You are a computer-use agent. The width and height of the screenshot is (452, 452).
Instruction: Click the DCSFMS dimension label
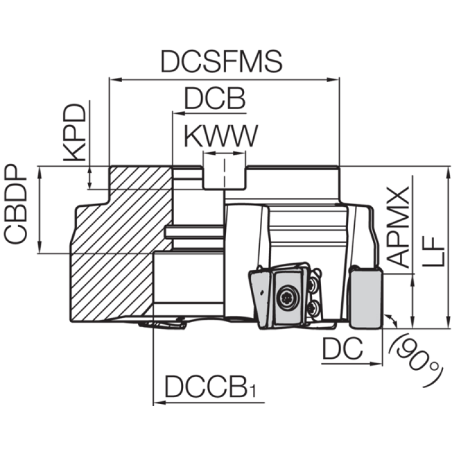[221, 62]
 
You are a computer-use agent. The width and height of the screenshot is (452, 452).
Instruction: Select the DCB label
[215, 98]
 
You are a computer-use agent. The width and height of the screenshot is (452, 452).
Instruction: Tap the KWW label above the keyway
[221, 136]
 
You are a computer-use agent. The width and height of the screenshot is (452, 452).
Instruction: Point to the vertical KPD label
[75, 132]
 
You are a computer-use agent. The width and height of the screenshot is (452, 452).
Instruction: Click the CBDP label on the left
[15, 204]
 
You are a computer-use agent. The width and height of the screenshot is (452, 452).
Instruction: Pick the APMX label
[398, 227]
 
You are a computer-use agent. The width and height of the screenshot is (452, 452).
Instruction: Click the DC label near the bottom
[342, 348]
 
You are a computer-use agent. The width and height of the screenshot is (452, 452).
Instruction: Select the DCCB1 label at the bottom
[210, 387]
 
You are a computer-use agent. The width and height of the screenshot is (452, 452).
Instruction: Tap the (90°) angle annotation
[416, 360]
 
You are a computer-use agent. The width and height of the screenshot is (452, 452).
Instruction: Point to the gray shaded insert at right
[366, 298]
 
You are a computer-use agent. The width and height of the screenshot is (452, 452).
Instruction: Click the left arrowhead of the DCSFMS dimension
[116, 80]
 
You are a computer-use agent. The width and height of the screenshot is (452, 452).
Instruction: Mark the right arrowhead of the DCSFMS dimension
[333, 80]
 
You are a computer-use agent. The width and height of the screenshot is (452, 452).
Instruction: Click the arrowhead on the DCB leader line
[179, 114]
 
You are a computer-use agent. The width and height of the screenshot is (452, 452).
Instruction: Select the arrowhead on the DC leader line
[376, 364]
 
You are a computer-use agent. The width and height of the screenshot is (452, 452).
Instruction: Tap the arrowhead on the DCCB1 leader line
[160, 402]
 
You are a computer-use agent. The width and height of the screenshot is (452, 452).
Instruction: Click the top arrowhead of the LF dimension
[448, 173]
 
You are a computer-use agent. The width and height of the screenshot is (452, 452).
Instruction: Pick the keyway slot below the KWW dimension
[224, 177]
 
